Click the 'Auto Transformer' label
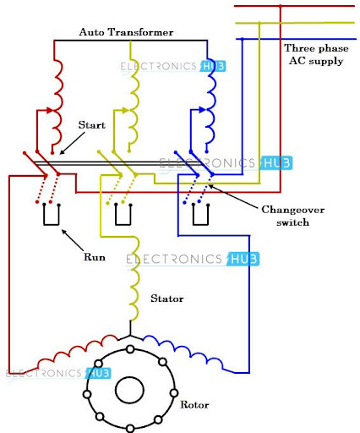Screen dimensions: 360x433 (126, 32)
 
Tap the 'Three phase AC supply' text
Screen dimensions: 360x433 (316, 54)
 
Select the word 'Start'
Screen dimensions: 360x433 (92, 124)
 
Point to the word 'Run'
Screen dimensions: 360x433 (95, 257)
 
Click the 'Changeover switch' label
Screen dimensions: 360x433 (293, 216)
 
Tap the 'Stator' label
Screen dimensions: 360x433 (167, 299)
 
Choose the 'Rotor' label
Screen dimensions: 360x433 (194, 404)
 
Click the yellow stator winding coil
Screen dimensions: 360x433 (134, 278)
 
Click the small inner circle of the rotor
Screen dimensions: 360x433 (129, 390)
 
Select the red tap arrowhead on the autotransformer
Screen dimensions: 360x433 (50, 110)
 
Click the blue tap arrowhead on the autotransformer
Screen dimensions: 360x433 (202, 110)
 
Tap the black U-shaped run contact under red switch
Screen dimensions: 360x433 (52, 225)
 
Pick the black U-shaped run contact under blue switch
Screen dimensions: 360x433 (200, 225)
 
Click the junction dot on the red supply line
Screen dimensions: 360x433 (280, 6)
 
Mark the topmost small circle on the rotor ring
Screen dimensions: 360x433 (130, 349)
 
